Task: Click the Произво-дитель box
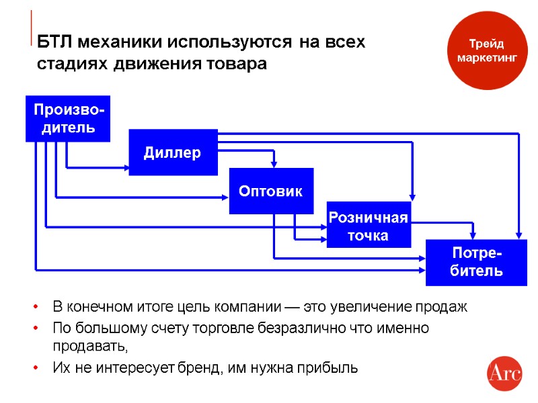tap(68, 119)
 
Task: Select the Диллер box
tap(173, 152)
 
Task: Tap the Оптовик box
tap(271, 191)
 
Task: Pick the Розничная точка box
tap(368, 226)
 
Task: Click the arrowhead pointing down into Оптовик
tap(273, 165)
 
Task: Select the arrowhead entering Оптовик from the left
tap(226, 197)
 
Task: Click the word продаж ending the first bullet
tap(444, 308)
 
